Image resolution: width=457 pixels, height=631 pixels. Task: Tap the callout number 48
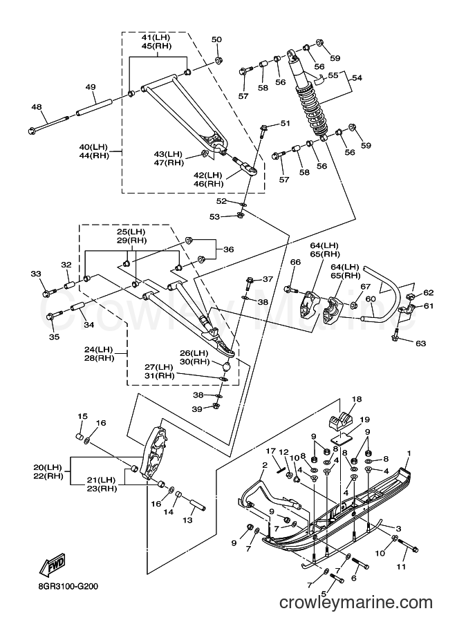[x=37, y=107]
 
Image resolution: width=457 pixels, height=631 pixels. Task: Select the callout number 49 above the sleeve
[x=91, y=87]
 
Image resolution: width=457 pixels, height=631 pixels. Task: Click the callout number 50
[x=216, y=39]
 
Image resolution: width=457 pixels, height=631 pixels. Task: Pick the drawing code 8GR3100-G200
[x=66, y=586]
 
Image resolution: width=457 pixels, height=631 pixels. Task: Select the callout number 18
[x=357, y=399]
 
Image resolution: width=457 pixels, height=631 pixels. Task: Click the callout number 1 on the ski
[x=409, y=453]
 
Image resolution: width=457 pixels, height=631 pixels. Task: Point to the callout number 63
[x=421, y=343]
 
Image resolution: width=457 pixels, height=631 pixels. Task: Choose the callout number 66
[x=295, y=263]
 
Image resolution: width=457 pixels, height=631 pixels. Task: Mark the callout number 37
[x=268, y=279]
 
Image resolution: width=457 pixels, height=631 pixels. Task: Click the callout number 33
[x=36, y=274]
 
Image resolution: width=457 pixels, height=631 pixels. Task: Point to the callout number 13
[x=187, y=520]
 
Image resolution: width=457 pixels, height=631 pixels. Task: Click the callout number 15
[x=82, y=416]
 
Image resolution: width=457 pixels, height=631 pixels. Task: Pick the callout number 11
[x=400, y=567]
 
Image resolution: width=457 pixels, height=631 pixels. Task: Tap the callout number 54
[x=357, y=77]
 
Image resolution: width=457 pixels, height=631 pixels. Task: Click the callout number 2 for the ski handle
[x=265, y=465]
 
